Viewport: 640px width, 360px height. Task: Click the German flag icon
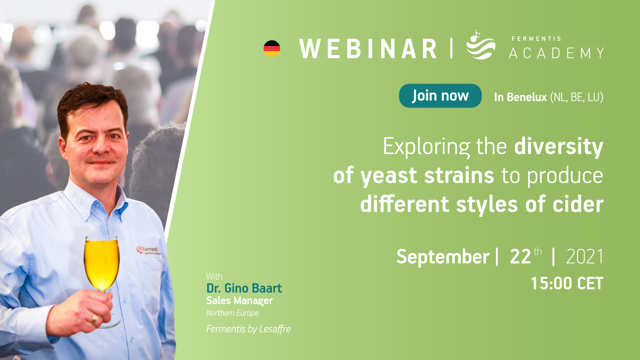click(x=272, y=49)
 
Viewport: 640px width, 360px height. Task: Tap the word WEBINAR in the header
click(x=368, y=49)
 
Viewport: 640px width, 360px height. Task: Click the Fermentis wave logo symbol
click(x=481, y=45)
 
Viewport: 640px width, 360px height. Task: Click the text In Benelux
click(x=520, y=97)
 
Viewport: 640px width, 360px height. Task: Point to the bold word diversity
click(x=559, y=146)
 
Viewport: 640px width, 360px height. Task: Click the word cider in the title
click(x=578, y=204)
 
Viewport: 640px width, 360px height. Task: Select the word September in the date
click(x=443, y=257)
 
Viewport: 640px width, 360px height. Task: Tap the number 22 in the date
click(x=520, y=257)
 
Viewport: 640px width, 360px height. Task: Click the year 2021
click(x=585, y=257)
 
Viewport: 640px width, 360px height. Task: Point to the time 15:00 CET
click(x=567, y=284)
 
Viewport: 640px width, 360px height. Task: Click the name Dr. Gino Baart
click(x=244, y=288)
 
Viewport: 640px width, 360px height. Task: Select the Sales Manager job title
click(x=240, y=301)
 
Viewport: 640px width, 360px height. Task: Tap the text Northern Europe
click(x=232, y=313)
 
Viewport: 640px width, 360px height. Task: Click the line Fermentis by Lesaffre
click(x=248, y=329)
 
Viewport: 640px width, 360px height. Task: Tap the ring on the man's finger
click(x=95, y=319)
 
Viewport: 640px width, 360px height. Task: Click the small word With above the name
click(x=214, y=277)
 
